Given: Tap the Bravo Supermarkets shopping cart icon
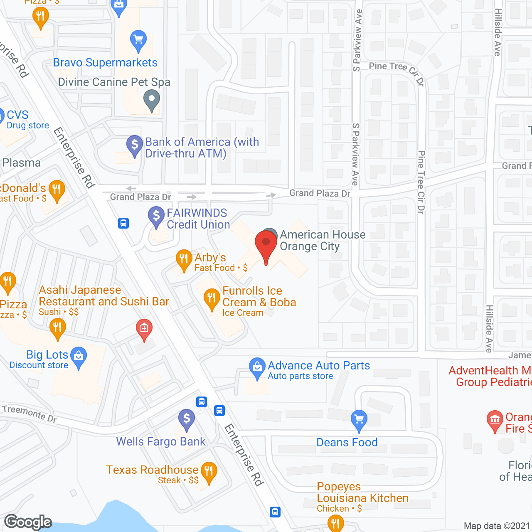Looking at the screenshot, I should point(138,40).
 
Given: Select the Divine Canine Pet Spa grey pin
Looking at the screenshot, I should point(152,100).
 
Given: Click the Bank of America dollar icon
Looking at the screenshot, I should point(135,145).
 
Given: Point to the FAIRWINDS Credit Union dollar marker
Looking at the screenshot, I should point(156,217).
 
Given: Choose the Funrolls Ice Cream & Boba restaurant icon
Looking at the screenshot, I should point(212,299).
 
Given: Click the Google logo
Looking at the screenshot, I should point(28,522).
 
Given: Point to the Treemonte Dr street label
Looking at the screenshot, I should point(29,413).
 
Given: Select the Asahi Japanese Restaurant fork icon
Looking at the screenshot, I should point(58,328).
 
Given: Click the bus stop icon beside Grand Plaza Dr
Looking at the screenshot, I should point(123,223).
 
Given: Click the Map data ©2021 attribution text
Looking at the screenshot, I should point(497,526).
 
